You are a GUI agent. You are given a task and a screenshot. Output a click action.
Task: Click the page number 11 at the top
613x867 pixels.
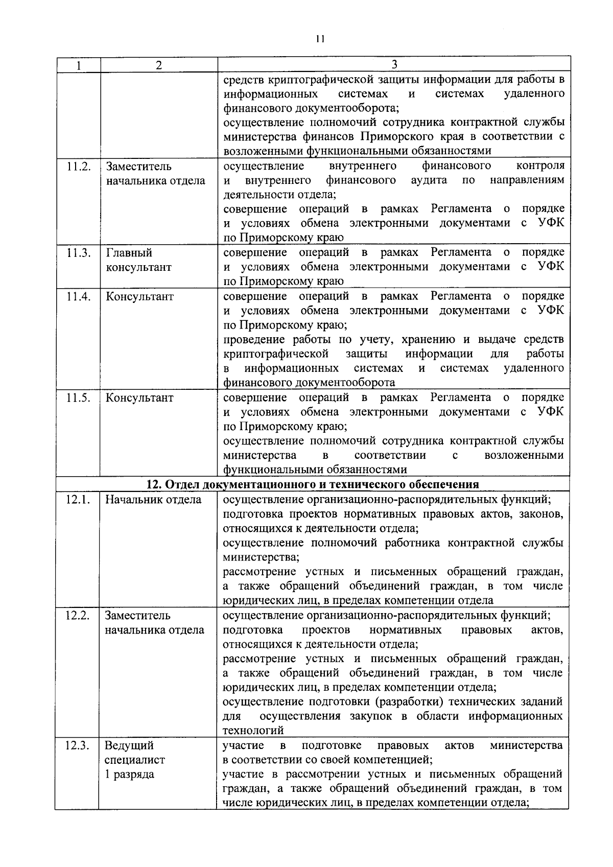[x=320, y=38]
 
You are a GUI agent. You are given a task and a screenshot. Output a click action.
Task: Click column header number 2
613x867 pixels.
[x=159, y=65]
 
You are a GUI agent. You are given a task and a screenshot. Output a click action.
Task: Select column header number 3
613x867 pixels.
[x=394, y=64]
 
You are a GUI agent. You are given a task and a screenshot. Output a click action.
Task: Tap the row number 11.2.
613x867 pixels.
[x=79, y=166]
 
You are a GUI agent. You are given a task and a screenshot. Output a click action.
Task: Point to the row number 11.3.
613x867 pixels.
[x=79, y=252]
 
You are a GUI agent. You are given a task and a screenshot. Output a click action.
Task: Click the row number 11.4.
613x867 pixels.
[x=79, y=296]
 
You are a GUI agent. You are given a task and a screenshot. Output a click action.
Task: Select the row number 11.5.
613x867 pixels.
[x=79, y=397]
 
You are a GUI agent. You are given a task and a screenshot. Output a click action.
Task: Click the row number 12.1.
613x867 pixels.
[x=78, y=499]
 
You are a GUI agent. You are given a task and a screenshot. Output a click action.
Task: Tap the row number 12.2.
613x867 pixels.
[x=78, y=615]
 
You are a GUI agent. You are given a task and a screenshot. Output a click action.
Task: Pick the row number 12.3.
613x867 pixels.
[x=78, y=745]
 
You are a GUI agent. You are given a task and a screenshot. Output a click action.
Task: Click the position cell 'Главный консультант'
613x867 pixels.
[x=138, y=260]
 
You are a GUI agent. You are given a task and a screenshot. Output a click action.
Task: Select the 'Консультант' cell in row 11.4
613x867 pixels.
[x=139, y=296]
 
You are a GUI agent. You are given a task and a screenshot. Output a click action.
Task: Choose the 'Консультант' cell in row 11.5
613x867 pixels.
[x=139, y=397]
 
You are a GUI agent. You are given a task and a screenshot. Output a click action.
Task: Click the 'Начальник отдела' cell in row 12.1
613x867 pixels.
[x=153, y=499]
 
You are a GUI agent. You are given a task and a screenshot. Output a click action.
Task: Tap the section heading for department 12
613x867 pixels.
[x=313, y=484]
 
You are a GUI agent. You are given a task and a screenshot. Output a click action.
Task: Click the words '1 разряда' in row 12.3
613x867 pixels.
[x=129, y=774]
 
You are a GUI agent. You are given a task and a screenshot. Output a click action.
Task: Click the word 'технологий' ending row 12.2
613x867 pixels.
[x=253, y=730]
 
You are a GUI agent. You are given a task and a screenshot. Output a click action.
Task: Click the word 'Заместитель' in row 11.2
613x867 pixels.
[x=138, y=166]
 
